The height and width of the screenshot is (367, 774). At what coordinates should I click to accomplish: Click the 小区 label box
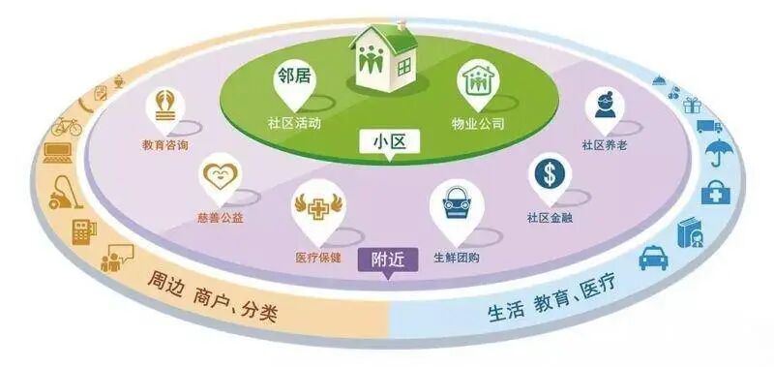click(x=387, y=142)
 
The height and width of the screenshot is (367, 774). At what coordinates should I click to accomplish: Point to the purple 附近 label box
click(x=386, y=260)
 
